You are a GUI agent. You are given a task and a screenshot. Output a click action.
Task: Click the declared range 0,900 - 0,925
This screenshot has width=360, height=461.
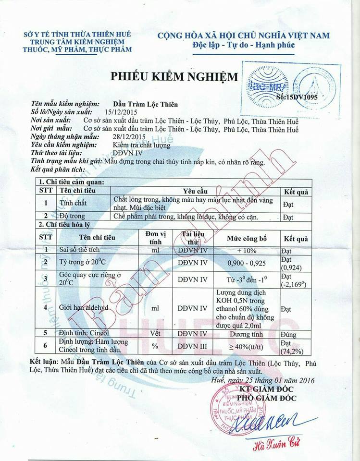click(x=246, y=263)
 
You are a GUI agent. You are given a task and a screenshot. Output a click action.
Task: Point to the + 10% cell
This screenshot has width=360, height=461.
click(x=246, y=251)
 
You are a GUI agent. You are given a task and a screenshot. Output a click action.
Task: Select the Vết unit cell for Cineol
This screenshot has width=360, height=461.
click(x=155, y=333)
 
